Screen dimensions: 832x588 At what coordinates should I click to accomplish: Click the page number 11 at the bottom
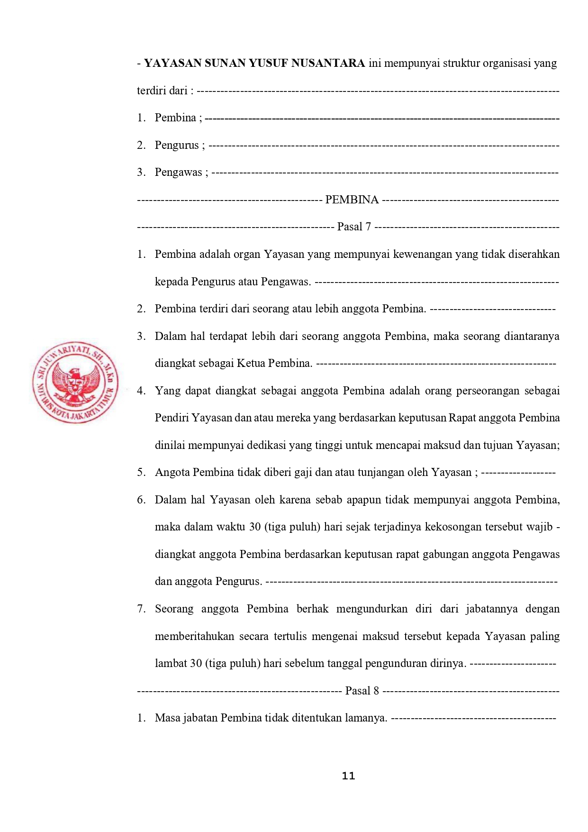tap(348, 776)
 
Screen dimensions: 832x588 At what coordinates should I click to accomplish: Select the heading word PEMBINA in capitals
tap(352, 200)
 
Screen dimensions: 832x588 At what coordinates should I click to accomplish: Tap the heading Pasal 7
tap(354, 227)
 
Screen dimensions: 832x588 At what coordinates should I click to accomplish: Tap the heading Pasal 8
tap(362, 691)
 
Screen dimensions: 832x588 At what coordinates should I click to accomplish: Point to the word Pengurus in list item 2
tap(177, 145)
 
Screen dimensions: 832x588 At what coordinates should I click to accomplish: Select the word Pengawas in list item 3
tap(178, 173)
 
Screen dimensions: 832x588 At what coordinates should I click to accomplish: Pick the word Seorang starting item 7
tap(174, 609)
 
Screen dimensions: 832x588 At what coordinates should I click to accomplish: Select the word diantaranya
tap(532, 336)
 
